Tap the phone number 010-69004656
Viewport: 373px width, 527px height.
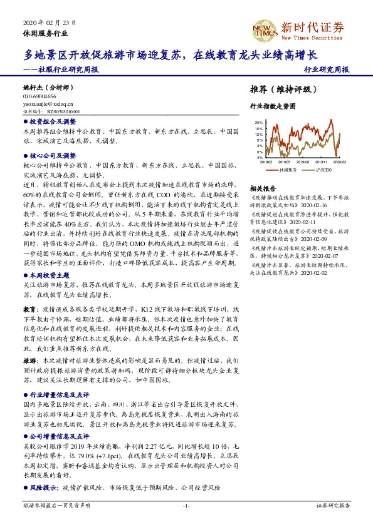click(x=39, y=97)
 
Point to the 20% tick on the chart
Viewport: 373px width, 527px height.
click(x=258, y=123)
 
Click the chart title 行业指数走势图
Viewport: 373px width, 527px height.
click(x=272, y=106)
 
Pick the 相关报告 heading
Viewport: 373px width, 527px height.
click(x=263, y=188)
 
